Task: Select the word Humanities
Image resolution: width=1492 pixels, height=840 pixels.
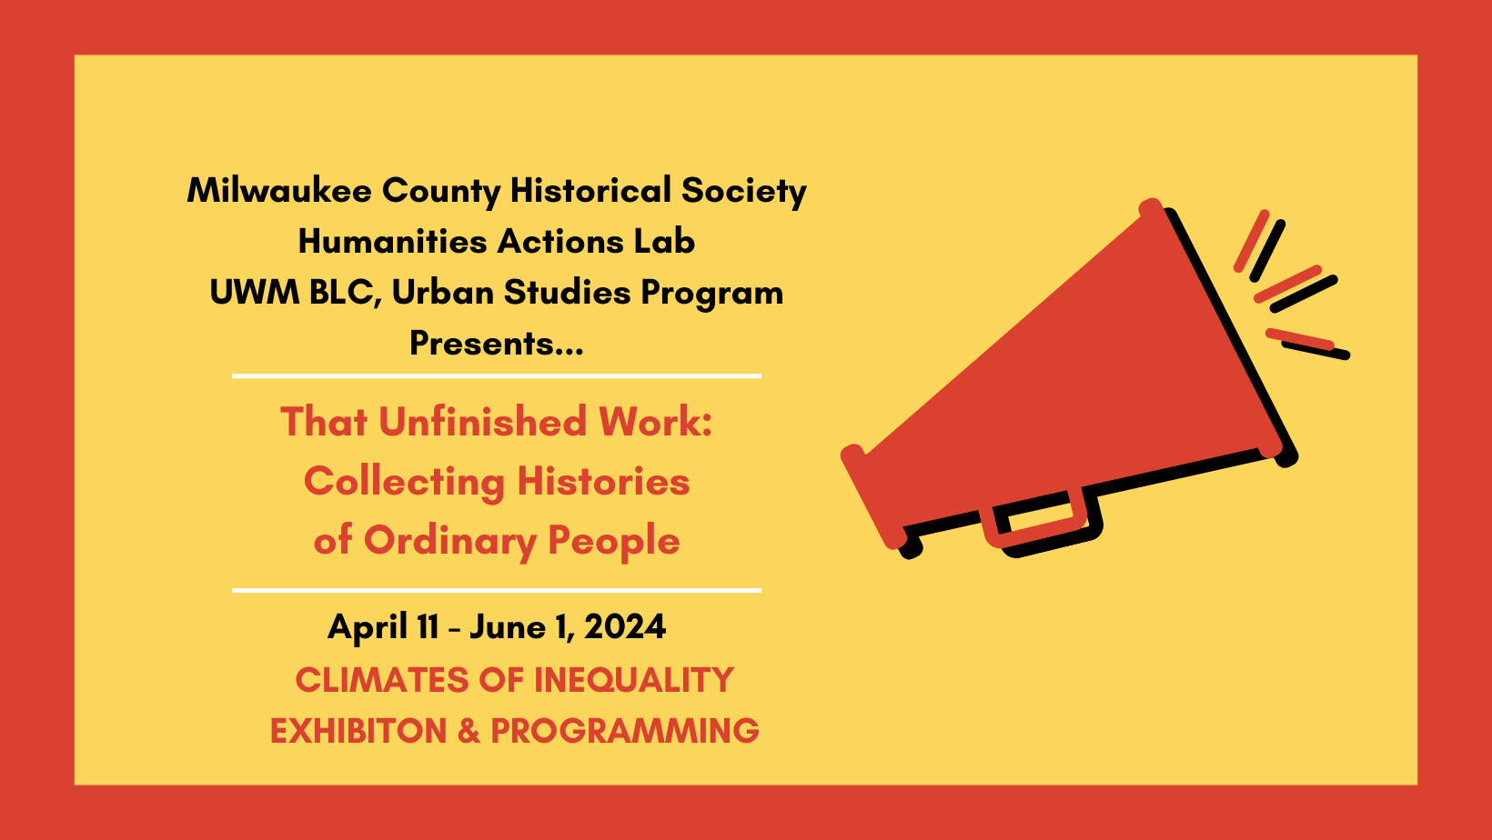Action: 392,241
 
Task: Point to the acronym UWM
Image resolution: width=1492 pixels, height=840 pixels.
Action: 255,292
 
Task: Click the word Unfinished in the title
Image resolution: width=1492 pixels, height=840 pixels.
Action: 483,422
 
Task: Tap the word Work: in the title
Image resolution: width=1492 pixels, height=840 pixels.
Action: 655,422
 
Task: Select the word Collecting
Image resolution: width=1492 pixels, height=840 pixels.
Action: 404,483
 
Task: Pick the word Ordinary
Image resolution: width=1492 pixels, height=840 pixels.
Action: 450,542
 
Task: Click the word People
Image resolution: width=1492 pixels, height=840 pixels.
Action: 613,542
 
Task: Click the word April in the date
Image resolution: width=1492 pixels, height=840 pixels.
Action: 367,627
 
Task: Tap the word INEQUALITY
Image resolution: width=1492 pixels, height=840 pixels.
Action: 633,680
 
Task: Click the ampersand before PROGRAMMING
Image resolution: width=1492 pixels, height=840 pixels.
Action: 469,731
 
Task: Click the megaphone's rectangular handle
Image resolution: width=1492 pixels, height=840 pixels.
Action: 1043,525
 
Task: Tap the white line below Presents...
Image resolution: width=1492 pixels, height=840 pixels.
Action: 496,376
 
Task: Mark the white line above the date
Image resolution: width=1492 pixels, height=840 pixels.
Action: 496,590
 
